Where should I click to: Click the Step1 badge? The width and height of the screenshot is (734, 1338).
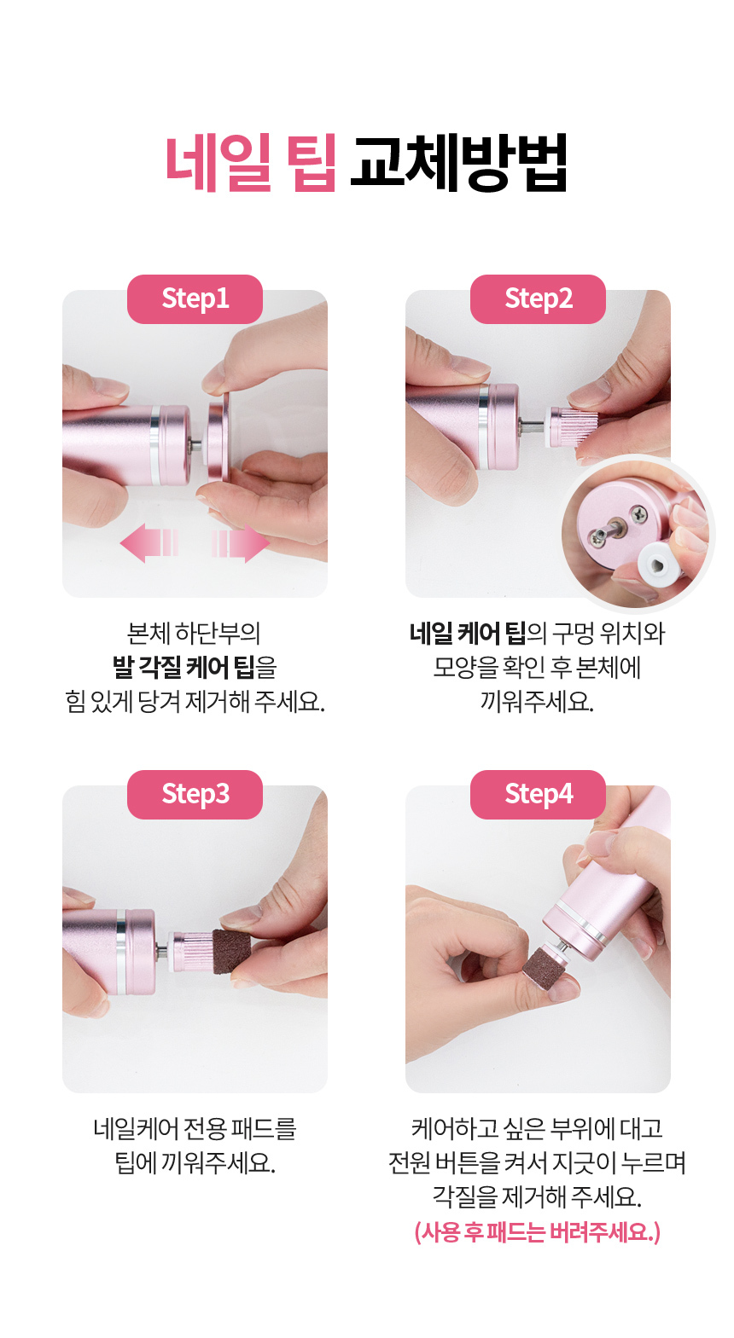[195, 298]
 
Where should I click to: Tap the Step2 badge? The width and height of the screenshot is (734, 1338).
[538, 298]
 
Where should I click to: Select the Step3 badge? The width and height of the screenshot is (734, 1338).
[195, 795]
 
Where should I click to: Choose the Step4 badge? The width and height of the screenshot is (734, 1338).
[538, 795]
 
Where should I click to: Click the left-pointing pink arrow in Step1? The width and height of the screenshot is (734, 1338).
[149, 543]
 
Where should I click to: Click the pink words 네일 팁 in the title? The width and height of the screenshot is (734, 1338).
[250, 163]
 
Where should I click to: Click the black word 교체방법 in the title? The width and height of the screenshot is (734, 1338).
[457, 163]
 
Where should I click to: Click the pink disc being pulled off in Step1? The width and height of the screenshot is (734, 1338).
[217, 437]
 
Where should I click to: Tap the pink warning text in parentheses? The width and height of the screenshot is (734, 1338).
[538, 1231]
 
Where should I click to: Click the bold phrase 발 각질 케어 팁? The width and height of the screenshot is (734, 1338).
[183, 667]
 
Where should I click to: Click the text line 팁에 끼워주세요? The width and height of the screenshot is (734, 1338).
[195, 1162]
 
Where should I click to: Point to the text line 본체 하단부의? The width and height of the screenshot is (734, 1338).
[195, 633]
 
